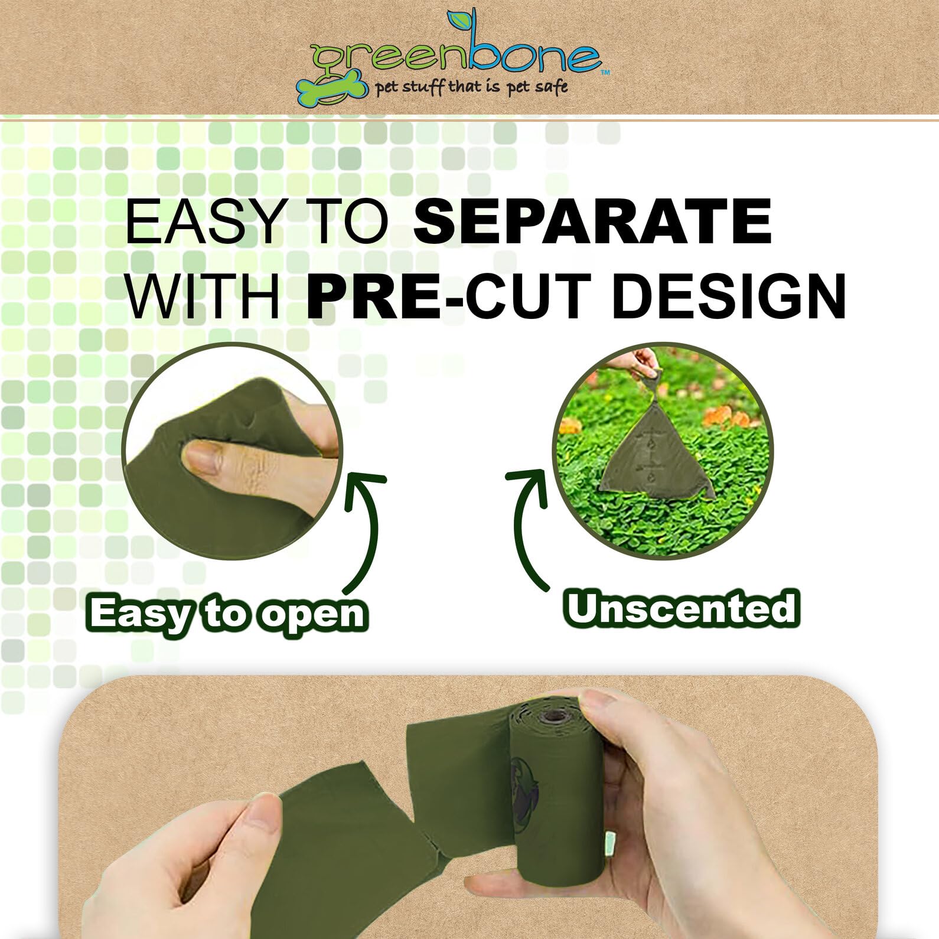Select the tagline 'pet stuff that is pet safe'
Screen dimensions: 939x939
(x=471, y=87)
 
